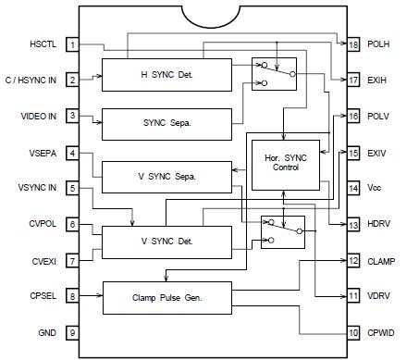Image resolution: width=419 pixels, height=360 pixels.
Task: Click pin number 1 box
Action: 72,43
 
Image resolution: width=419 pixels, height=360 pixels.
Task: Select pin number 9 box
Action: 72,331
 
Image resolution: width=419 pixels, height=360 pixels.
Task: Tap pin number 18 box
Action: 353,43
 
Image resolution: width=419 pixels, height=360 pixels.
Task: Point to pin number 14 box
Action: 353,188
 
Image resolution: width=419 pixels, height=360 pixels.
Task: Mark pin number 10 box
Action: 353,331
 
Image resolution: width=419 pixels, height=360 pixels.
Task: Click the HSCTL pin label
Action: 43,43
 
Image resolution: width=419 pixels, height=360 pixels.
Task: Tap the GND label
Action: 47,331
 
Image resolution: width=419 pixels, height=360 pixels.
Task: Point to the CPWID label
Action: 383,331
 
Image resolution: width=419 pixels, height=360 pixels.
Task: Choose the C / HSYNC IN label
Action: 31,80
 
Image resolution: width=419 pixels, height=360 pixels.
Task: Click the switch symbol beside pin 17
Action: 274,73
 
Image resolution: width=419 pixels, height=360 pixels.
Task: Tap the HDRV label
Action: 380,224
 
